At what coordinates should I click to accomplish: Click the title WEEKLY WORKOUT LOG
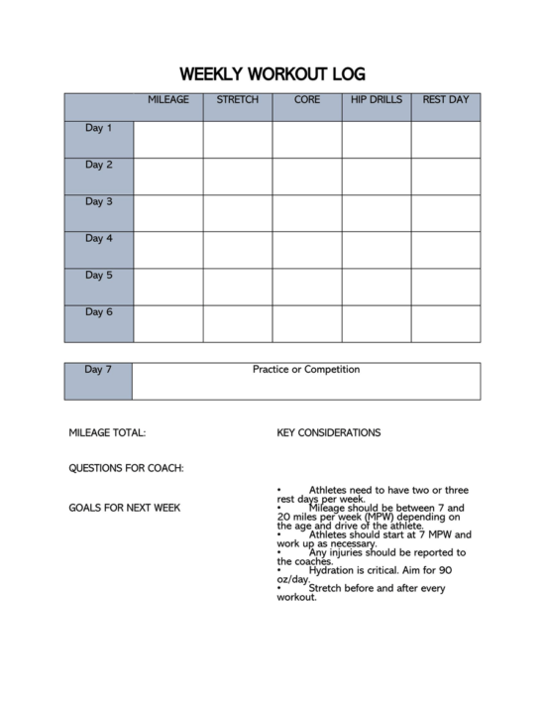click(x=272, y=74)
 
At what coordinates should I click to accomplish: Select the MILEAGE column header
click(x=168, y=101)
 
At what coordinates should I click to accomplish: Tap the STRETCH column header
click(x=238, y=101)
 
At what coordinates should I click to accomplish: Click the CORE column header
click(x=307, y=101)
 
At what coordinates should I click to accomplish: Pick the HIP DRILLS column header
click(x=377, y=101)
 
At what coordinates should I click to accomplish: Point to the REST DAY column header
click(x=446, y=101)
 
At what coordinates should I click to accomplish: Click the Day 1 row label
click(x=99, y=129)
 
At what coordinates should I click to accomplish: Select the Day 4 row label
click(x=99, y=239)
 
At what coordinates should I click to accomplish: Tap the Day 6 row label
click(x=99, y=312)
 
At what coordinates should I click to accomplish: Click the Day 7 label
click(x=99, y=370)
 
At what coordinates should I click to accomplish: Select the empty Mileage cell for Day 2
click(x=168, y=176)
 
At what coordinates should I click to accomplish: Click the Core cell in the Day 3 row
click(x=307, y=213)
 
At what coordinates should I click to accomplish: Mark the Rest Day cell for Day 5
click(x=446, y=287)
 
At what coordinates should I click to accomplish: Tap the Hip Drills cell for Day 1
click(x=377, y=140)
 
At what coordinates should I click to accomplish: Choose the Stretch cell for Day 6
click(x=238, y=323)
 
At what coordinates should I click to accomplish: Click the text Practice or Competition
click(x=306, y=370)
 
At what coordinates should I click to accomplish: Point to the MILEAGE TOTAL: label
click(x=107, y=433)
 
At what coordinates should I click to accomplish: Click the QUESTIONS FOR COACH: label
click(x=126, y=468)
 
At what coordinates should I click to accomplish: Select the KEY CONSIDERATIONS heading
click(x=329, y=433)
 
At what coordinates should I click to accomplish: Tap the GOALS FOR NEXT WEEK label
click(x=124, y=509)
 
